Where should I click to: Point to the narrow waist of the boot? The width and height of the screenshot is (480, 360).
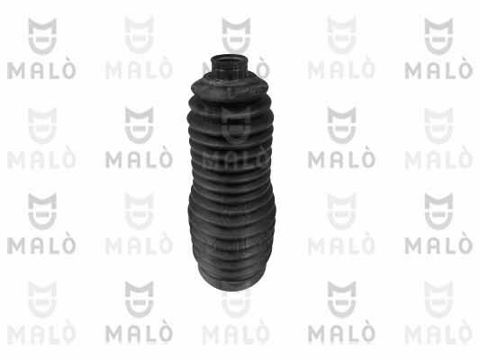(x=231, y=181)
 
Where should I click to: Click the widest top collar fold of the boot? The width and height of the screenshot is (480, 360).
(x=230, y=89)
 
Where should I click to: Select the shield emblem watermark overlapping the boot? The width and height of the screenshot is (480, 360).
(x=236, y=125)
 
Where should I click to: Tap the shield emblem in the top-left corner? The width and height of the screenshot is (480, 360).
(x=42, y=36)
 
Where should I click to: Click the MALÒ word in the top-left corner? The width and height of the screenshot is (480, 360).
(x=41, y=70)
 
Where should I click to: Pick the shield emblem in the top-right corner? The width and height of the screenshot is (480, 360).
(x=439, y=36)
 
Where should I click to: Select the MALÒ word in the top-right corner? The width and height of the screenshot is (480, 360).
(x=439, y=70)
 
